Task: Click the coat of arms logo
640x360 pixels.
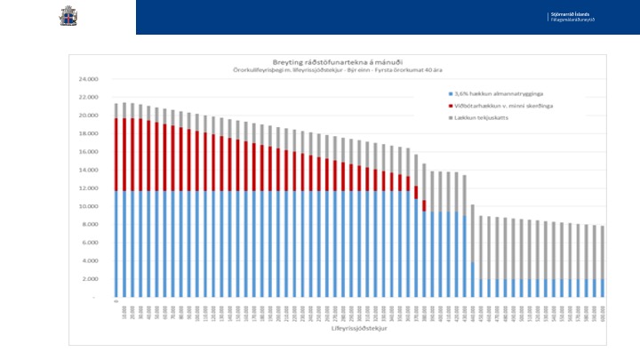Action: point(68,16)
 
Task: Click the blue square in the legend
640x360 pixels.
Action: point(452,92)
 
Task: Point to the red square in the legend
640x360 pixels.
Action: point(452,104)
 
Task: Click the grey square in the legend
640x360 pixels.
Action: point(452,116)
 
